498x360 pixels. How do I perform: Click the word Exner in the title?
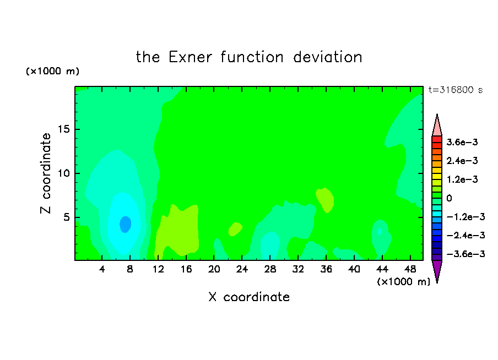click(x=190, y=57)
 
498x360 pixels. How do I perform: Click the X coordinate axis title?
click(x=249, y=297)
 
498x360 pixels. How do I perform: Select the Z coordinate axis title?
click(x=46, y=173)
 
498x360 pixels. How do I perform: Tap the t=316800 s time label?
click(x=456, y=90)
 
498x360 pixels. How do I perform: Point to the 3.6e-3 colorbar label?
click(x=462, y=142)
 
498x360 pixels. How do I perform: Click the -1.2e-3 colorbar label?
click(x=465, y=217)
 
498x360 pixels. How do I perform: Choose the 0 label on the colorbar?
click(x=449, y=198)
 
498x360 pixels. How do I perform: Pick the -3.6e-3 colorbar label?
click(x=465, y=254)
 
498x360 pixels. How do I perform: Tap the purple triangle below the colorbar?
click(x=437, y=270)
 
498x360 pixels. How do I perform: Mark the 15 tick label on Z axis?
click(x=64, y=129)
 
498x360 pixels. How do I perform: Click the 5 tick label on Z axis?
click(x=66, y=217)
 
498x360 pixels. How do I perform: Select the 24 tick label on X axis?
click(x=242, y=269)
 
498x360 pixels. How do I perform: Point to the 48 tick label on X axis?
click(x=410, y=269)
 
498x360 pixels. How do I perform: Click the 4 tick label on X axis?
click(x=102, y=269)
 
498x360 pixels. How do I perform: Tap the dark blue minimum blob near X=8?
click(x=126, y=224)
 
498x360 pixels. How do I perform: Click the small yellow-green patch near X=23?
click(x=235, y=229)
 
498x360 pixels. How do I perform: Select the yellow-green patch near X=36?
click(x=325, y=200)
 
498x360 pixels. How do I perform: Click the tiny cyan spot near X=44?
click(x=379, y=231)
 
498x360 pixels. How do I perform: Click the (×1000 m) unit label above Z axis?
click(x=52, y=71)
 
